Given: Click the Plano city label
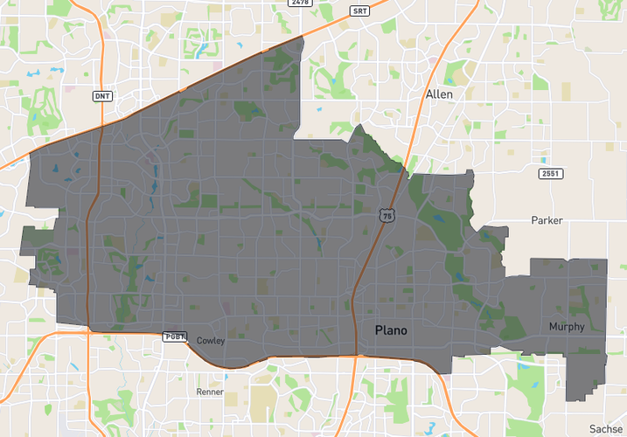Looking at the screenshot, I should tap(390, 330).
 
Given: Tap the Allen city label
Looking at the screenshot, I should tap(439, 94).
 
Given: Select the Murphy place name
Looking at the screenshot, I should tap(566, 326).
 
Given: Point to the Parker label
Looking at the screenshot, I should tap(547, 220).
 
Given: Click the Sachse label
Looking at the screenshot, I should tap(605, 428).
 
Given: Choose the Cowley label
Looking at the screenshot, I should tap(212, 340).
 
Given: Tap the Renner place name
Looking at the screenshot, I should tap(211, 392).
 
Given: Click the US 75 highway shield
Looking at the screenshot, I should tap(387, 214).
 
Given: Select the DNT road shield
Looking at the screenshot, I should tap(101, 95).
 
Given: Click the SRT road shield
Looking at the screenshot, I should tap(359, 11).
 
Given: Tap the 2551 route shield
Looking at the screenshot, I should tap(550, 174).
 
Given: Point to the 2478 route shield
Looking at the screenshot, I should tap(301, 3).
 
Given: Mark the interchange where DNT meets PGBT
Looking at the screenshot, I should tap(89, 330).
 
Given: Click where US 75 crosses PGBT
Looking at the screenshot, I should tap(357, 355).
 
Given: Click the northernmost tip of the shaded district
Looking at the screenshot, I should tap(303, 38).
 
